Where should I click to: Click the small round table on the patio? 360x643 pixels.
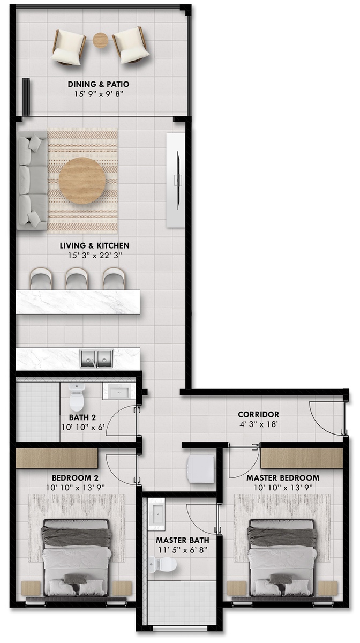coord(101,40)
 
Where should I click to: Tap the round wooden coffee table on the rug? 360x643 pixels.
coord(82,181)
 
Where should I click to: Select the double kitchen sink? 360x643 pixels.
coord(97,358)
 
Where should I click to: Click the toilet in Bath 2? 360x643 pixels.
coord(77,398)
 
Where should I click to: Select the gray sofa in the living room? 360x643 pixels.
coord(32,180)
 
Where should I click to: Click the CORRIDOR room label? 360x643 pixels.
coord(258,414)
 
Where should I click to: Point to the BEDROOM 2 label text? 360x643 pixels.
coord(75,477)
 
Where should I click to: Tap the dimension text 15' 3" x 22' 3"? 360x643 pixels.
coord(95,255)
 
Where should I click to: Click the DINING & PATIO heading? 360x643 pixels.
coord(99,84)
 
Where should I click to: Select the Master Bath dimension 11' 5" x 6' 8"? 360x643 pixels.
coord(183,550)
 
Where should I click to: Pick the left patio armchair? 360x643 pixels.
coord(69,47)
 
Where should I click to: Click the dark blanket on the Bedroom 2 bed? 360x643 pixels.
coord(76,536)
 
